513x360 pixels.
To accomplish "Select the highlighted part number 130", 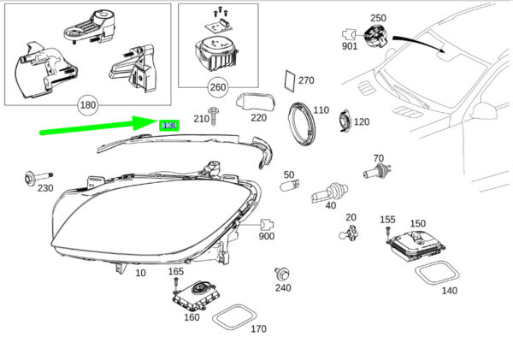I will click(169, 125).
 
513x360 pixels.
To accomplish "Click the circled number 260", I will click(218, 86).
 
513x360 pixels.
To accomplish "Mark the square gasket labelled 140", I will click(436, 274).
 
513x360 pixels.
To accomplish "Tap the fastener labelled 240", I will click(279, 274).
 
